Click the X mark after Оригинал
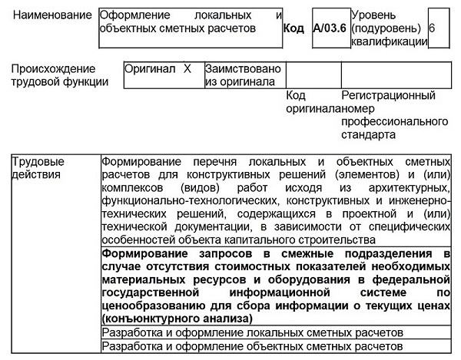click(x=187, y=69)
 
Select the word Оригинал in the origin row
click(x=148, y=69)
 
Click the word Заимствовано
click(x=243, y=69)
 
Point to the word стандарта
click(x=370, y=134)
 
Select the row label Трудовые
click(x=37, y=162)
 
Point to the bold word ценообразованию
click(x=147, y=305)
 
